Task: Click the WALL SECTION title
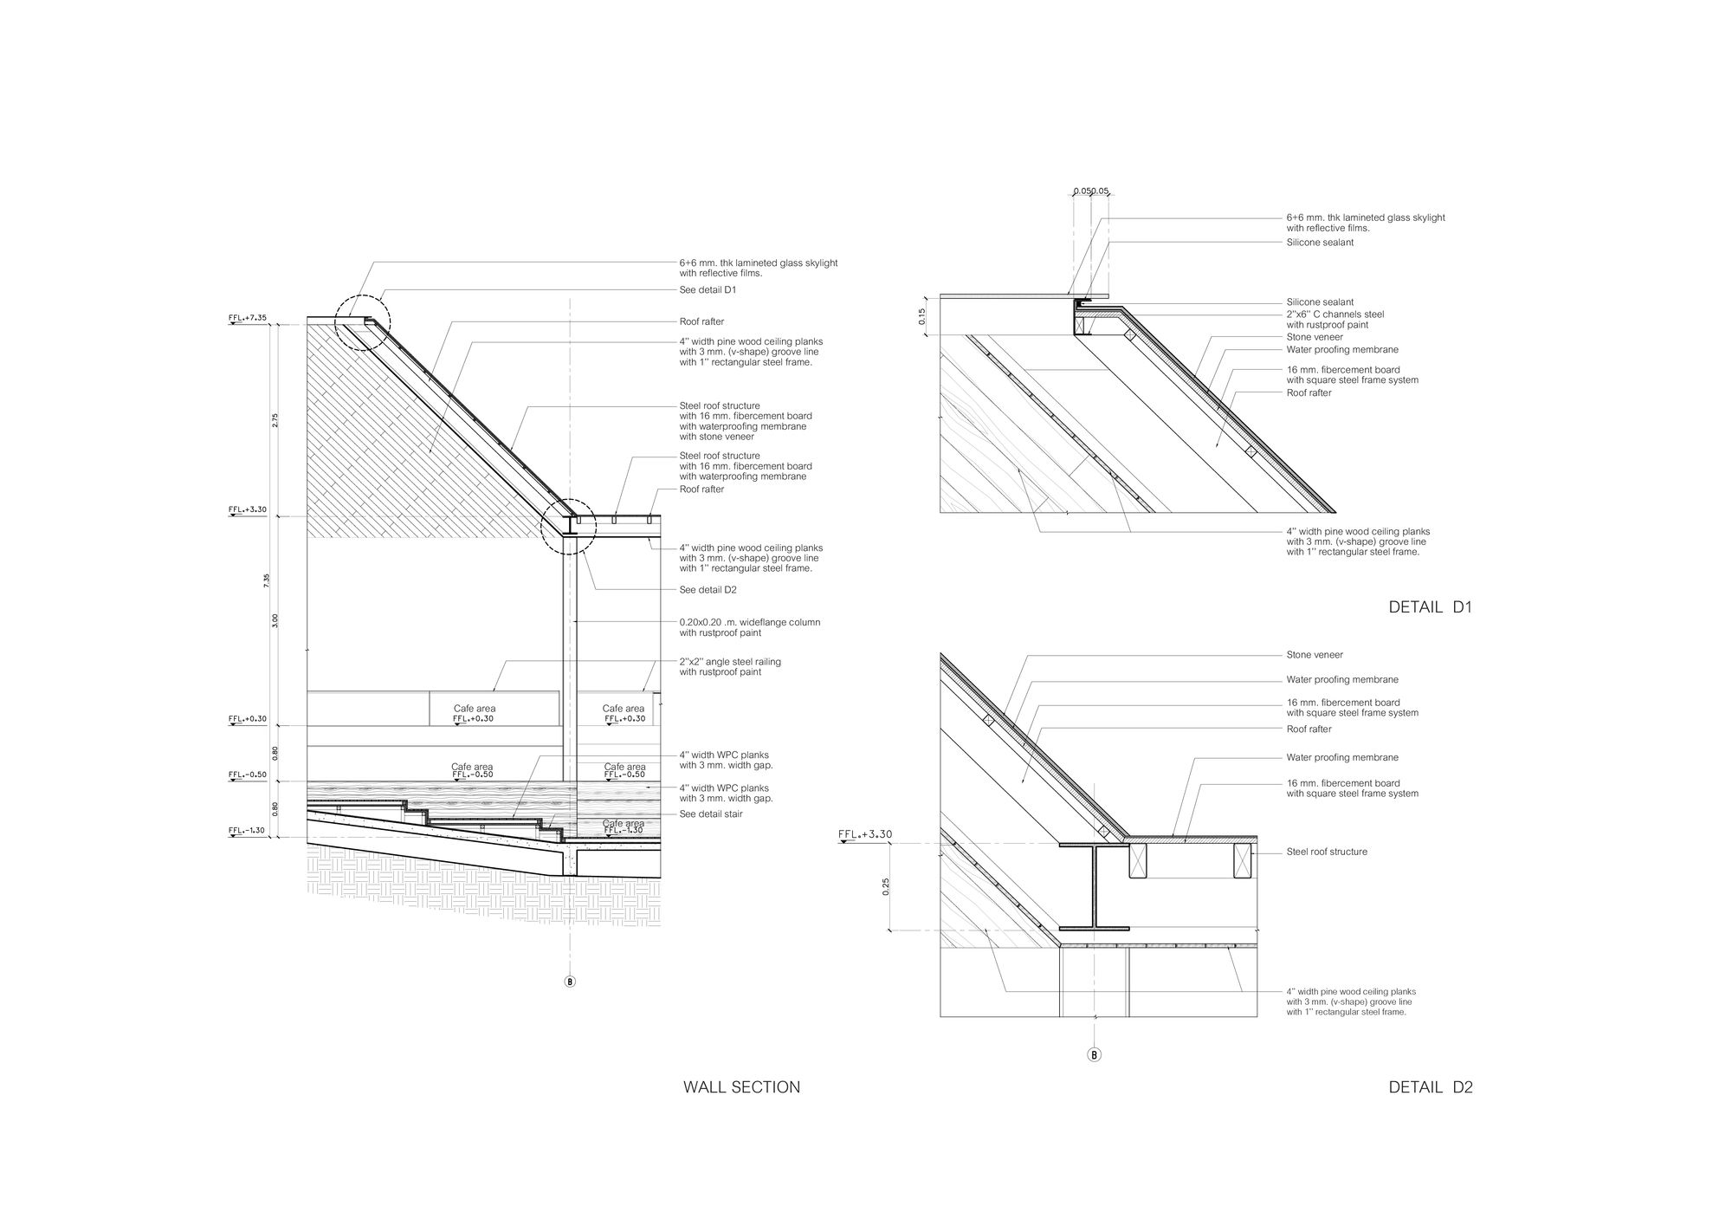tap(742, 1087)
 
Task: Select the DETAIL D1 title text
tap(1431, 607)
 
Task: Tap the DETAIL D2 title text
tap(1431, 1087)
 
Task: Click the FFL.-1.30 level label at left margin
tap(247, 830)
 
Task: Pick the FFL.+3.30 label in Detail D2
tap(865, 835)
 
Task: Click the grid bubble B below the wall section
tap(570, 982)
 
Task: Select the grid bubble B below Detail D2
tap(1095, 1055)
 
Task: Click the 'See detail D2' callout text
tap(708, 590)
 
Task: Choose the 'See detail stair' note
tap(711, 814)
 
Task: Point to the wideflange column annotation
tap(750, 627)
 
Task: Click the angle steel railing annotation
tap(730, 667)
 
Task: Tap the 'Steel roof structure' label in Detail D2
tap(1327, 852)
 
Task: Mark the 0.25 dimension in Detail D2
tap(886, 887)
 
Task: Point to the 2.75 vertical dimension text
tap(275, 419)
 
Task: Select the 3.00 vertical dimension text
tap(275, 620)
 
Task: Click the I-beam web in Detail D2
tap(1095, 885)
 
